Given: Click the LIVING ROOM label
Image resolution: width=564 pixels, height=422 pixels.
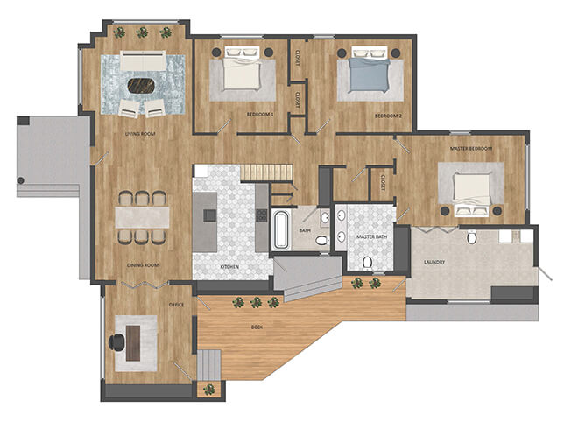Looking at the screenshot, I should coord(140,134).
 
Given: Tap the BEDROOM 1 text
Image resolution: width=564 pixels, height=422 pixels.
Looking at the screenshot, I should coord(260,115).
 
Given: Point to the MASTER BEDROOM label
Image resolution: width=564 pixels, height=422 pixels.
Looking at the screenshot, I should coord(471,149).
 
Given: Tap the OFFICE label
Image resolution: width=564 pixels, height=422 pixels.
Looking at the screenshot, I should coord(175,305).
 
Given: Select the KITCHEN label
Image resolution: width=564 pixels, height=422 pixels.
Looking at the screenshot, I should coord(229,265).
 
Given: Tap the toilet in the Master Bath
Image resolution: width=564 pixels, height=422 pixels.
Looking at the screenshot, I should coord(367,260).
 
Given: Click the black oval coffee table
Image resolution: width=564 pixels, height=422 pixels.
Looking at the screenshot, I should coord(140,86).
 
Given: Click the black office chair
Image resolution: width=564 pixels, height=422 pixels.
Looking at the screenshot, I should coord(118,342).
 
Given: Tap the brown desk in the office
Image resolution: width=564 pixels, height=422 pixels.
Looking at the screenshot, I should coord(133,339).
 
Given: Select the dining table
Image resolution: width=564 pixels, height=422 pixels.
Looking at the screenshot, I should coord(141,216).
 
